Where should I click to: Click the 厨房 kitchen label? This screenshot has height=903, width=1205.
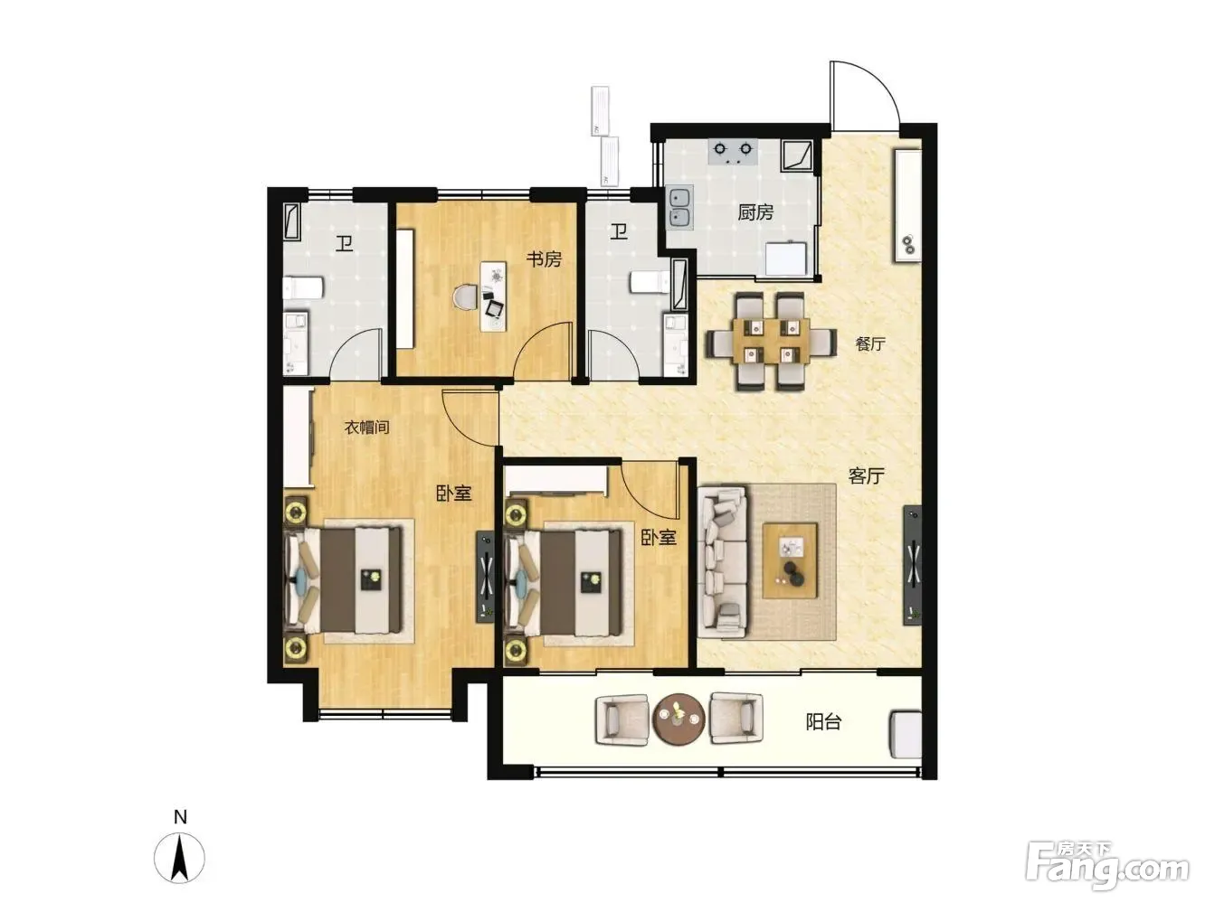point(754,212)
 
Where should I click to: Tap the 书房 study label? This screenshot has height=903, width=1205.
point(544,259)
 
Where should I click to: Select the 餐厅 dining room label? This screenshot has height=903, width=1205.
point(870,344)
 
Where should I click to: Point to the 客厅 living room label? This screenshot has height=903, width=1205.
point(866,475)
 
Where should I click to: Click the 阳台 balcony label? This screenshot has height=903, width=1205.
point(823,722)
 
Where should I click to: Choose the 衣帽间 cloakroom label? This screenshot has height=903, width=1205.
point(366,428)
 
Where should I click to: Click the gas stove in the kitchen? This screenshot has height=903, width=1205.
point(733,152)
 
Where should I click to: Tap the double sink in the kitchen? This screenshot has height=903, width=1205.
point(680,207)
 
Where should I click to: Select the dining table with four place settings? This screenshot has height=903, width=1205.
point(772,342)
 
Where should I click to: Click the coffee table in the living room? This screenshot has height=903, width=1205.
point(790,560)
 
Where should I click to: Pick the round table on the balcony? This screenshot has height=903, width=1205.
point(679,719)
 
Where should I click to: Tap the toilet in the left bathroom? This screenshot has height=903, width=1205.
point(302,287)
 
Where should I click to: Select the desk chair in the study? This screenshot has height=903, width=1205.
point(466,297)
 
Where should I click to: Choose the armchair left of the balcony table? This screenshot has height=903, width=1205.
point(622,719)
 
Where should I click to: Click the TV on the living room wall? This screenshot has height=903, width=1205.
point(913,565)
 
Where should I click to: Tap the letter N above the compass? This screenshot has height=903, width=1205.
point(180,817)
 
